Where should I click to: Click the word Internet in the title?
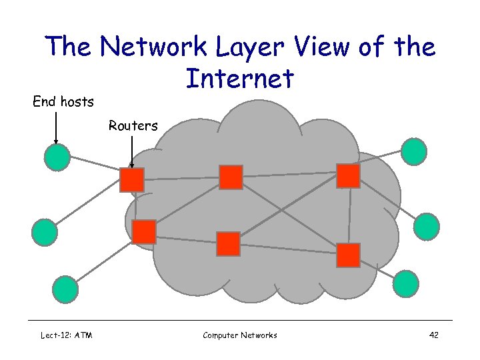[239, 79]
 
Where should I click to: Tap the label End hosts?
[63, 102]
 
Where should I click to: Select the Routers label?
[133, 125]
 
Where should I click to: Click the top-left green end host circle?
[57, 157]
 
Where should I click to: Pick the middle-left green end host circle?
[45, 231]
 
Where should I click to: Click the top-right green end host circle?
[414, 151]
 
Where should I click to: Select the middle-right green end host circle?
[426, 227]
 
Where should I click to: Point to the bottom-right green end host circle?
[405, 283]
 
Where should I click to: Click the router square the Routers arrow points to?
[132, 180]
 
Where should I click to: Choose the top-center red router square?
[231, 177]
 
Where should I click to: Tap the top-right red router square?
[348, 176]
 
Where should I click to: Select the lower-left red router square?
[144, 232]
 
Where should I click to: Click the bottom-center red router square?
[228, 244]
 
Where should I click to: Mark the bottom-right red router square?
[348, 255]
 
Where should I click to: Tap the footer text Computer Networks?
[239, 335]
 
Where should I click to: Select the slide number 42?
[433, 335]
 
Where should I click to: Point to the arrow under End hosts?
[56, 127]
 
